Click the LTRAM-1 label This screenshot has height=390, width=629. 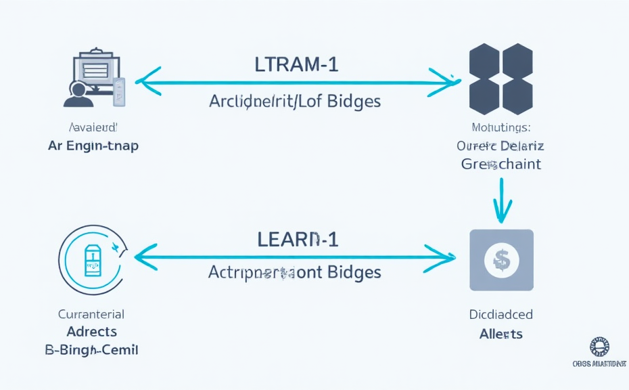pos(296,64)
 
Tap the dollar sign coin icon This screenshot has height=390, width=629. pos(501,259)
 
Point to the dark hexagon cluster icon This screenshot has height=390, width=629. pos(501,79)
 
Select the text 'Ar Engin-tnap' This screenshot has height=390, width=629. pos(93,146)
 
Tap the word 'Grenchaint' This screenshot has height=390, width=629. pos(501,164)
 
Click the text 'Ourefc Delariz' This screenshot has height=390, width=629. pos(501,146)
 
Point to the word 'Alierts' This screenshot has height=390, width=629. pos(501,334)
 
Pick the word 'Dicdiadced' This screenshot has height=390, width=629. pos(501,315)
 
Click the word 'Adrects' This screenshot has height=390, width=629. pos(92,332)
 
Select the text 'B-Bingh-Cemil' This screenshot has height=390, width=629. pos(92,350)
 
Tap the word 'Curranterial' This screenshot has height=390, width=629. pos(92,314)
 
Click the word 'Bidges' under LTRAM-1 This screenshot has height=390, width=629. pos(354,102)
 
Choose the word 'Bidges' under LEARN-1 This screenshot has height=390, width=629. pos(354,272)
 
